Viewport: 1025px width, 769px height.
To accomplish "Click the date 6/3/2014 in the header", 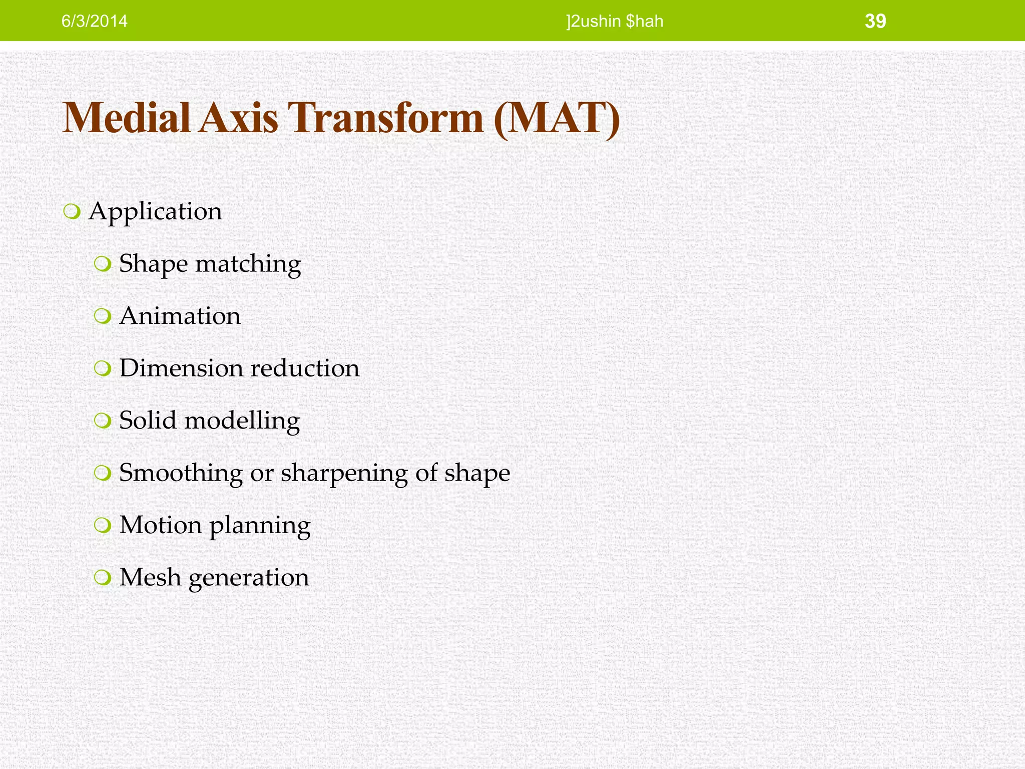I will (94, 22).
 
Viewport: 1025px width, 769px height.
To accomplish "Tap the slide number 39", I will (875, 21).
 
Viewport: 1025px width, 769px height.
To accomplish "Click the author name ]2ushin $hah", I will (615, 22).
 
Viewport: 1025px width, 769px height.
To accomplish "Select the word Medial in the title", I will (127, 118).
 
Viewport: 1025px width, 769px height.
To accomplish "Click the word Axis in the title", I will (238, 118).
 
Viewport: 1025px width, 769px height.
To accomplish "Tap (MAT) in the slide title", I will (557, 118).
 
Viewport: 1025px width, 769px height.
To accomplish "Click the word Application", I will (155, 211).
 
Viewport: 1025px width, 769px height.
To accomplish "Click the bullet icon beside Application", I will (72, 212).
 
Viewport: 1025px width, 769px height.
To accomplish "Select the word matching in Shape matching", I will (248, 264).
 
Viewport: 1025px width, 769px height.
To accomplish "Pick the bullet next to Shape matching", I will (102, 264).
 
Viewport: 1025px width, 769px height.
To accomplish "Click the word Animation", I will (180, 316).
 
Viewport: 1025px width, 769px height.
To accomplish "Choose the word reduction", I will (305, 368).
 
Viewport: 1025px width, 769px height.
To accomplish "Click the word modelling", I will (242, 421).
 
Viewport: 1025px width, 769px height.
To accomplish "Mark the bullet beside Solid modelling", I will (102, 421).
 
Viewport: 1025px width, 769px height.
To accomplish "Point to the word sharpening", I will (344, 473).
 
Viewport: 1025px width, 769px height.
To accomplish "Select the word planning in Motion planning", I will (260, 526).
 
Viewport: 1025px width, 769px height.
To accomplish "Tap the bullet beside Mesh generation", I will (102, 578).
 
